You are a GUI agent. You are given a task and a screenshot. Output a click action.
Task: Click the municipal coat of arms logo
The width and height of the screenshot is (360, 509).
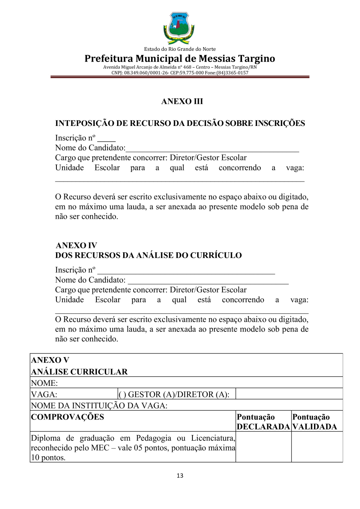[179, 28]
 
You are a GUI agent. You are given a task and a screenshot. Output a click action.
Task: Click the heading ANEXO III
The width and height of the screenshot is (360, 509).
[182, 102]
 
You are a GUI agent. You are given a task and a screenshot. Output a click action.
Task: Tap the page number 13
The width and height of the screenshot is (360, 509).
[180, 476]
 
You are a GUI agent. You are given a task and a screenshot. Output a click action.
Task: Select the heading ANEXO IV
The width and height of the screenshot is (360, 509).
[76, 246]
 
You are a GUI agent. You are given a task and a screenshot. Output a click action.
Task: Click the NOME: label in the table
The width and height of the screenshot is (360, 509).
[45, 383]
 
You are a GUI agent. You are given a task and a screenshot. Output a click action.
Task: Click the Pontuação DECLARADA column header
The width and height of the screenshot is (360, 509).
[263, 422]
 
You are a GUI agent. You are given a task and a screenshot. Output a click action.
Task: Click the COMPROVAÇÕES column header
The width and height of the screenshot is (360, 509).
[67, 417]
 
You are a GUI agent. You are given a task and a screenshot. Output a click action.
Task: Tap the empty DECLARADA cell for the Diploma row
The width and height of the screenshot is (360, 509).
[263, 447]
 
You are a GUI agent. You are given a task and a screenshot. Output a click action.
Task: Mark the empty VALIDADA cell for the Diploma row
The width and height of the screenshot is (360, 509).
[317, 447]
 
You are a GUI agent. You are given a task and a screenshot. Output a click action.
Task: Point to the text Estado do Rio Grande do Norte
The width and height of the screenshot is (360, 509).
[180, 49]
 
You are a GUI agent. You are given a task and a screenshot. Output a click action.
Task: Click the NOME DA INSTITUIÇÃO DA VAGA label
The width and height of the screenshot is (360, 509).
[99, 405]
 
